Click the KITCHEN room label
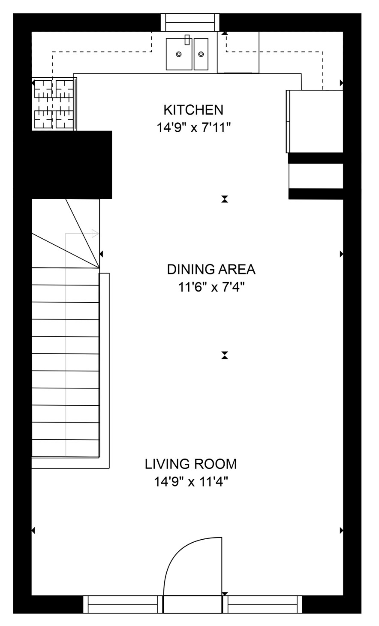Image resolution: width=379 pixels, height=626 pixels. click(193, 110)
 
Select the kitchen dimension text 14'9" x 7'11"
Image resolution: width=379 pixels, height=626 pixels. click(193, 128)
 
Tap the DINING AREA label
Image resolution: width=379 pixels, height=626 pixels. click(211, 270)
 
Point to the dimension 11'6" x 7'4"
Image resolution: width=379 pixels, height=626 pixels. click(211, 287)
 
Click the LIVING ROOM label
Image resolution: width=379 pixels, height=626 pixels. click(191, 464)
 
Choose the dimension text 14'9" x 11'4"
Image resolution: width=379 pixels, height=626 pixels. click(191, 482)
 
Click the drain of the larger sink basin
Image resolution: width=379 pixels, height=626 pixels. click(179, 54)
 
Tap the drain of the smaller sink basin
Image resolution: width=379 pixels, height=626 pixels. click(201, 54)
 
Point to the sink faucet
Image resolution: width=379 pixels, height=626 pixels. click(187, 40)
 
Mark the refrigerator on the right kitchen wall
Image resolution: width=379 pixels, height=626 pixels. click(315, 121)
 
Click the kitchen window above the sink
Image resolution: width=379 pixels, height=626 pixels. click(190, 22)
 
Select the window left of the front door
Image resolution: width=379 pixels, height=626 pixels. click(123, 604)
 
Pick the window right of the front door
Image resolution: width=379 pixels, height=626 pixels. click(262, 604)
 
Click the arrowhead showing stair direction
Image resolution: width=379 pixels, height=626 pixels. click(95, 234)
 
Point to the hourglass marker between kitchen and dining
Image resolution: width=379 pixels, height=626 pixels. click(225, 199)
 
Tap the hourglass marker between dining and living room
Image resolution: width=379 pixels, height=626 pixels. click(225, 355)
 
